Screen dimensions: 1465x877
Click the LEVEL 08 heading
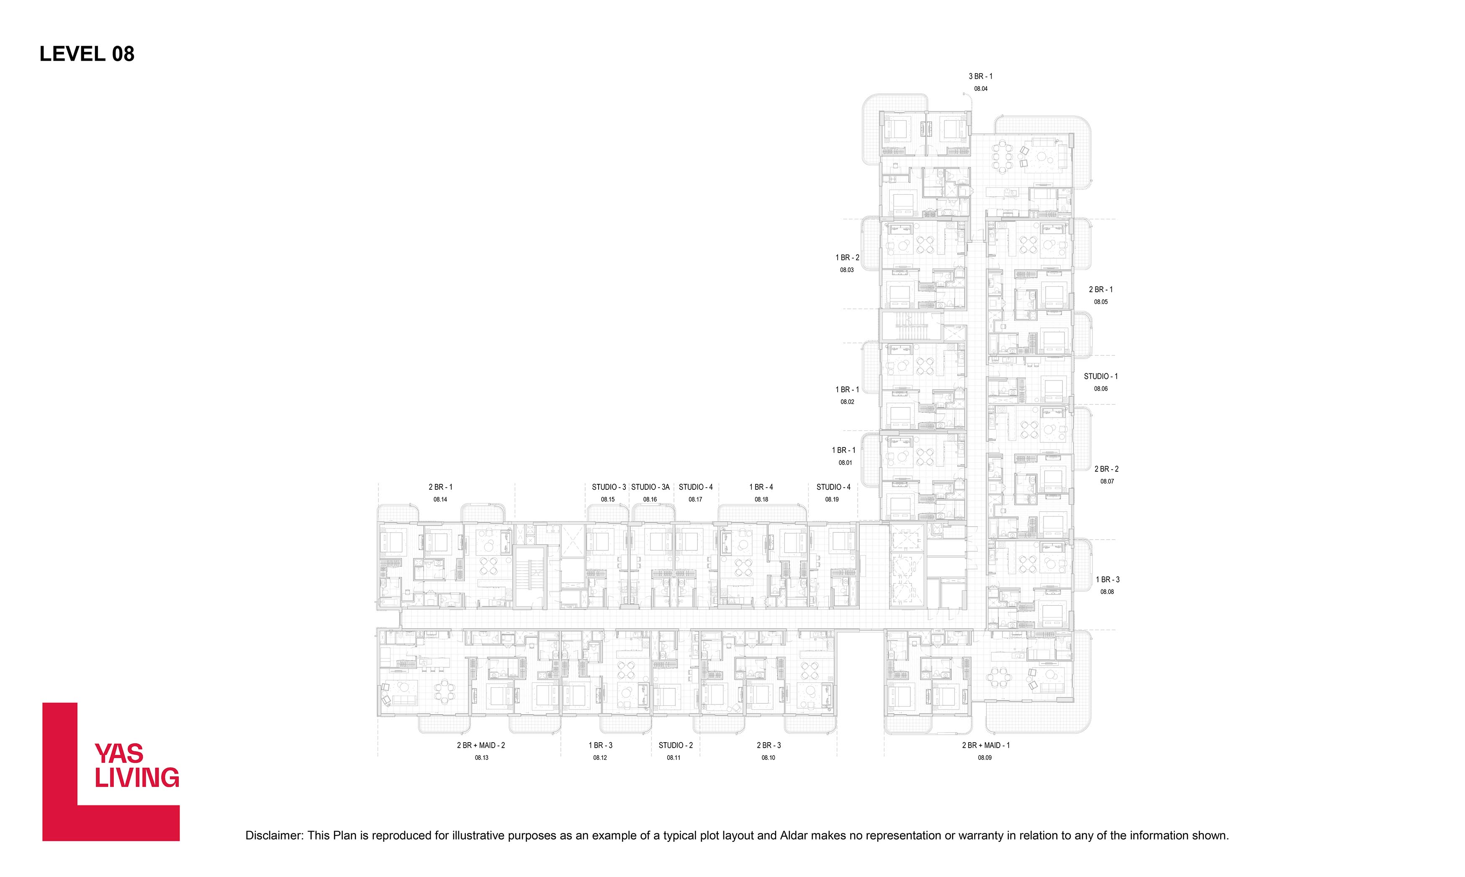(x=87, y=54)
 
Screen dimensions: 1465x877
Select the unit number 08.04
(x=981, y=89)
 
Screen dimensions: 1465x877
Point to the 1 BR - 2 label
(x=847, y=258)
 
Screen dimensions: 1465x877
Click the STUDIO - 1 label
(x=1100, y=376)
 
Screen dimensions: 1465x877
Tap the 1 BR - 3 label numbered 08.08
(x=1108, y=580)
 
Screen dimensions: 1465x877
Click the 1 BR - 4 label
(x=761, y=487)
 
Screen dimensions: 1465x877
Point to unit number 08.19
(x=832, y=499)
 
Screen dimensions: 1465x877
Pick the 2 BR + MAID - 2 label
(x=481, y=745)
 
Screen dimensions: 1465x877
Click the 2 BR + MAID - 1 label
(x=986, y=745)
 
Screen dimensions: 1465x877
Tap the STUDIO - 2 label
(x=676, y=745)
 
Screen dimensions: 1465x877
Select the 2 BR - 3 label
(x=768, y=745)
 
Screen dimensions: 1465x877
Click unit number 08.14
(x=440, y=499)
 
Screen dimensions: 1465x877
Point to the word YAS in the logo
(x=119, y=754)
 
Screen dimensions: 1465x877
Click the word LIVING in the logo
(x=137, y=778)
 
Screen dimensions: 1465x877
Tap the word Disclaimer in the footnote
(x=274, y=836)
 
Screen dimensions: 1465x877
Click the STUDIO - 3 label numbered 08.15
(x=609, y=487)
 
